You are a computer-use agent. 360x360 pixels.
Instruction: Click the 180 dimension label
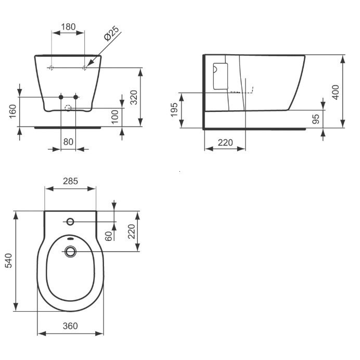coord(68,27)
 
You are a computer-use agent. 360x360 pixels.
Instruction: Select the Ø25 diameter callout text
coord(111,33)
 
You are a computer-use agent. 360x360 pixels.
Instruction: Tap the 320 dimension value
coord(134,98)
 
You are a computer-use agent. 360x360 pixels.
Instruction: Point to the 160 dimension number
coord(12,111)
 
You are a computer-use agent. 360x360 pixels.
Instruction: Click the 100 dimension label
coord(115,117)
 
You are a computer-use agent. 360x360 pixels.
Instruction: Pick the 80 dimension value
coord(68,142)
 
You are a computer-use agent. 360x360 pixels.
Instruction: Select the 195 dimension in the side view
coord(174,110)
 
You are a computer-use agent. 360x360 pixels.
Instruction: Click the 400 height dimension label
coord(336,92)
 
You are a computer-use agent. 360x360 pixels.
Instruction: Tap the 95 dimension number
coord(316,119)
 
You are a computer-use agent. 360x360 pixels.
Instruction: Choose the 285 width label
coord(70,181)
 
